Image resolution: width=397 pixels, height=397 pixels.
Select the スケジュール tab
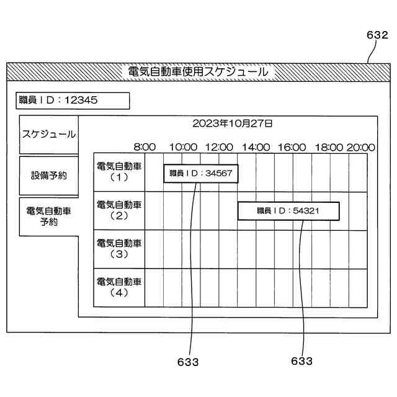coord(49,134)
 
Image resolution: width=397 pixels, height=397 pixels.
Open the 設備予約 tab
coord(49,176)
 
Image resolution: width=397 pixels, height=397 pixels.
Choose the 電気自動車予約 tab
coord(49,216)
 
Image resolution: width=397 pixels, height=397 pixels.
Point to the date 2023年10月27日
coord(232,123)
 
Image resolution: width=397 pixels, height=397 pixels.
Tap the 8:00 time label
coord(145,147)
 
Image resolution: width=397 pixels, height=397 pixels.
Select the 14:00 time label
coord(256,147)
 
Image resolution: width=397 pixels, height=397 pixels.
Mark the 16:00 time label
coord(292,147)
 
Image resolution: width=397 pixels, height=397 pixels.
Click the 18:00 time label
coord(329,147)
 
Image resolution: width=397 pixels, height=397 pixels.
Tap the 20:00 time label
coord(361,147)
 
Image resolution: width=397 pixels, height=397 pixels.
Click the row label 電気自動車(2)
coord(119,210)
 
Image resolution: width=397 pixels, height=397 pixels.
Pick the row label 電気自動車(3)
coord(119,248)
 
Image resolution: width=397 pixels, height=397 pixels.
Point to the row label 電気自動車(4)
coord(119,287)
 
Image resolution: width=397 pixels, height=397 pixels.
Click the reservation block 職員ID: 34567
coord(200,174)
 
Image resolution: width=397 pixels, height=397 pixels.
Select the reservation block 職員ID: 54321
coord(288,211)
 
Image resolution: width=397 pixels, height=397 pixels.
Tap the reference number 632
coord(377,36)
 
